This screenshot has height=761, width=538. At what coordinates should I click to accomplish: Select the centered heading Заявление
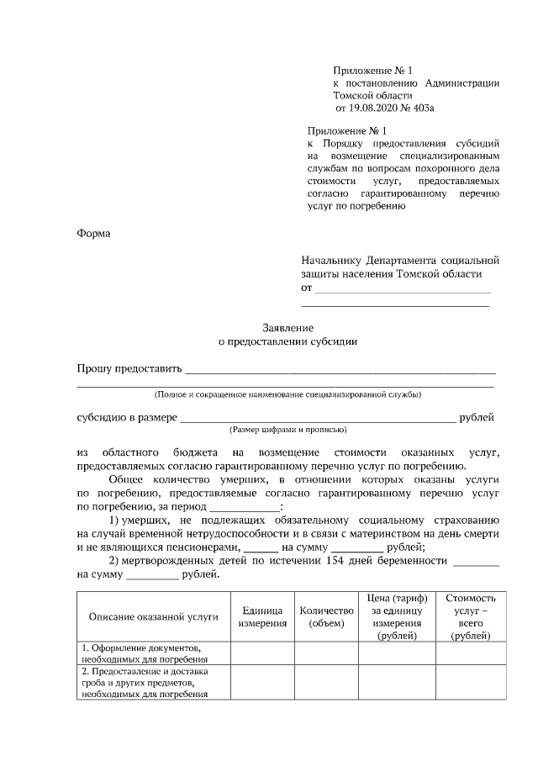click(287, 328)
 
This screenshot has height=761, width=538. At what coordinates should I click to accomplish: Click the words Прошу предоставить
click(129, 367)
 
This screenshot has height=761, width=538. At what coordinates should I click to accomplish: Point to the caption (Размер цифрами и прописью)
click(287, 429)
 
